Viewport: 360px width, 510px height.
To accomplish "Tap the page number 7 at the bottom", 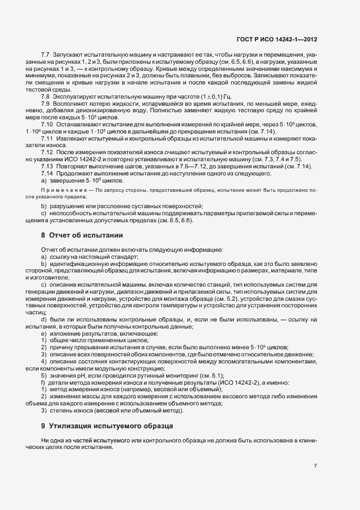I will click(x=316, y=465).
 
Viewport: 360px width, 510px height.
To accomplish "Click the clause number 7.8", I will click(x=45, y=96).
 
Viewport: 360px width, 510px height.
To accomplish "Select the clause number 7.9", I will click(x=45, y=104).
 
